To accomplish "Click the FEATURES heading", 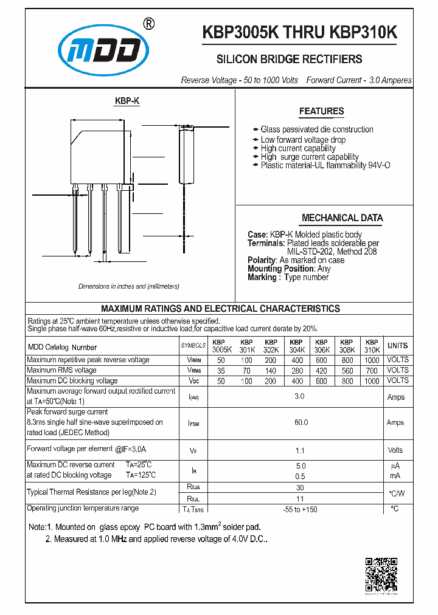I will coord(321,111).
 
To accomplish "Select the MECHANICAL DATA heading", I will coord(342,218).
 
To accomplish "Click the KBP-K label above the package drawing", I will coord(127,101).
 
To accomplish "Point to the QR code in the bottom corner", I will coord(381,574).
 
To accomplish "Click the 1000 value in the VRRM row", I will coord(372,360).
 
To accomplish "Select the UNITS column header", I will coord(398,346).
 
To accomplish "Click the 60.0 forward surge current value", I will coord(301,422).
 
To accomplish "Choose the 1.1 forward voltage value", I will coord(301,450).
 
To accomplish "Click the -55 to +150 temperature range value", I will coord(301,509).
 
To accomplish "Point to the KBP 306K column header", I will coord(321,346).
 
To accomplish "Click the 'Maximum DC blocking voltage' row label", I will coord(73,380).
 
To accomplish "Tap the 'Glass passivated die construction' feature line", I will coord(316,129).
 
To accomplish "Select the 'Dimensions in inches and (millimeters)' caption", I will coord(129,286).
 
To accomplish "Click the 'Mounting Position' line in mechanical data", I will coord(289,269).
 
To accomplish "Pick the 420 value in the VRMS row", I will coord(321,370).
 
